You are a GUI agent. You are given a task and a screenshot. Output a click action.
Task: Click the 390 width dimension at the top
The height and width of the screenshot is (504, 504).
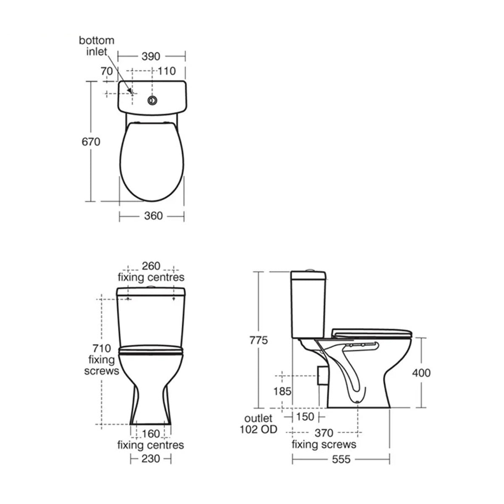[151, 56]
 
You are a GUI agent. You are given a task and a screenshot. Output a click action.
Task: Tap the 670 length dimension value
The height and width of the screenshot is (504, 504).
[91, 142]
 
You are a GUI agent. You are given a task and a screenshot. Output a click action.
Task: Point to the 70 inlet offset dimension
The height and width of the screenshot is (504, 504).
[107, 71]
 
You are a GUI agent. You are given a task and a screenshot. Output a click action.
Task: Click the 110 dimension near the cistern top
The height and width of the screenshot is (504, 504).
[166, 71]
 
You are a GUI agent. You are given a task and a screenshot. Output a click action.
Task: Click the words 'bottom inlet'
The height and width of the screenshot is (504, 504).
[97, 46]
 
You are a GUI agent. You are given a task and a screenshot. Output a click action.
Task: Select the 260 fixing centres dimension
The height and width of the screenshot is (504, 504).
[151, 266]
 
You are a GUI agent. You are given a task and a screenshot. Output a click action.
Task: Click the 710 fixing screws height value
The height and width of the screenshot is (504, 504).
[102, 348]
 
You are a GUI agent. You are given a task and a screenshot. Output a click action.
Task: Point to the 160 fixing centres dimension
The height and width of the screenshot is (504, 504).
[151, 433]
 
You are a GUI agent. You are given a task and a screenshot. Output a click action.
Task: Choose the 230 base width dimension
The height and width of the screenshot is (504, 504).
[150, 459]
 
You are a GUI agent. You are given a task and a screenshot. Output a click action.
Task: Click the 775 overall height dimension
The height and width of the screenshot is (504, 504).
[259, 340]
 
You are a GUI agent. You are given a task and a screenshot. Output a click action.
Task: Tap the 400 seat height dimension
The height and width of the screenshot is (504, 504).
[421, 373]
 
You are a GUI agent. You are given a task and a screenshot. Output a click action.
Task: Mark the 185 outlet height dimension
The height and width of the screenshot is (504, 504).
[282, 391]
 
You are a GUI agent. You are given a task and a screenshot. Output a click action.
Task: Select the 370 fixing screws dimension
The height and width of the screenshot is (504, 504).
[324, 433]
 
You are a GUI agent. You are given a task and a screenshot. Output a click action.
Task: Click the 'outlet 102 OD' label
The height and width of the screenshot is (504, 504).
[258, 424]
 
